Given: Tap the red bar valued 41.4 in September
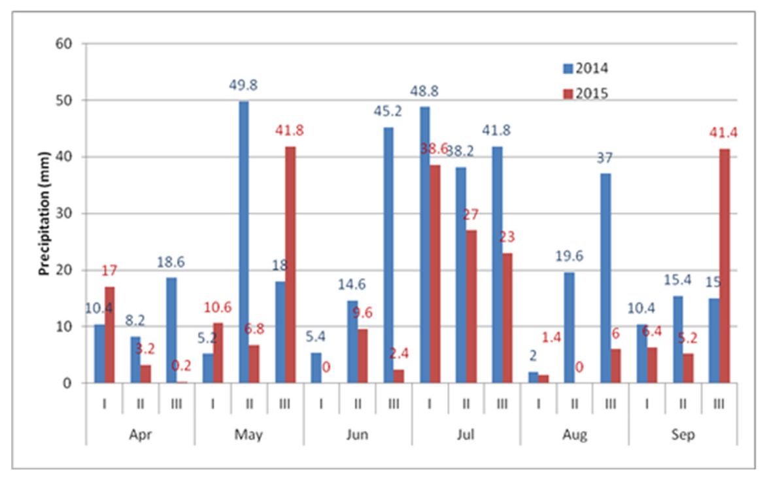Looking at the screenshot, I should point(724,266).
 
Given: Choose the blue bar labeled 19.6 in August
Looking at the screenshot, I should point(569,327).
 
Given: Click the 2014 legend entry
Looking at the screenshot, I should point(586,68).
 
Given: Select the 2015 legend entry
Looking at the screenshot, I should point(586,94).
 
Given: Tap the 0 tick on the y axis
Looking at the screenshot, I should point(67,383).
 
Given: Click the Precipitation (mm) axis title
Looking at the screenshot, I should point(45,214).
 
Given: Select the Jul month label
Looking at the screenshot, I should point(466,435).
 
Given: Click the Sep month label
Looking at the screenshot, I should point(683,435).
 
